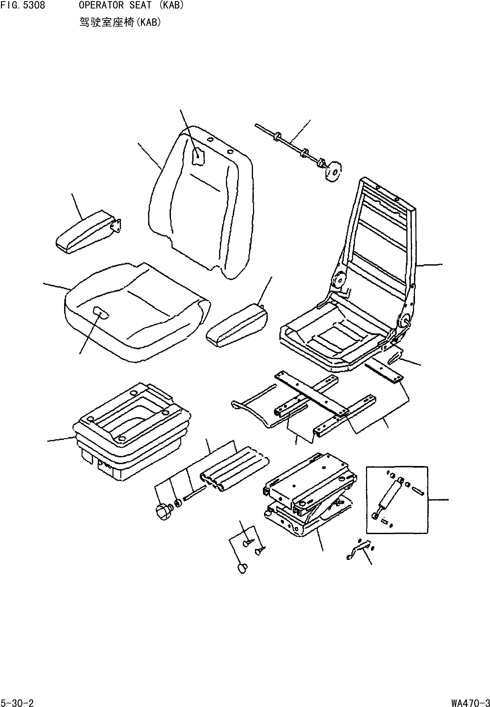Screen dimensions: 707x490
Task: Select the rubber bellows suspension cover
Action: coord(129,430)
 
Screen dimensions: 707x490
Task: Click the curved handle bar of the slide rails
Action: coord(252,415)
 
